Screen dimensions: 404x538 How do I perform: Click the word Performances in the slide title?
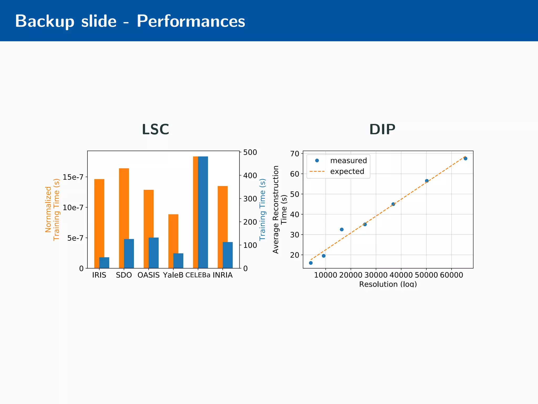[191, 21]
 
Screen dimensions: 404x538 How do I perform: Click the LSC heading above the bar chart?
[155, 129]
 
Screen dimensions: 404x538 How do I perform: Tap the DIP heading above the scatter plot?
[382, 129]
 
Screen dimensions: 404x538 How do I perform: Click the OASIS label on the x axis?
[148, 275]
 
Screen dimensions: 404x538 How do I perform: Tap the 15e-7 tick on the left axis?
[73, 177]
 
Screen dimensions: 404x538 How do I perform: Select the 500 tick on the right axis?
[250, 152]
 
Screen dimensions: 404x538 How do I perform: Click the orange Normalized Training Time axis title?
[52, 209]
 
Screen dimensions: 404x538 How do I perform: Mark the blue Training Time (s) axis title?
[262, 209]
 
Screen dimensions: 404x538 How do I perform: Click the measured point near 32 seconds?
[342, 229]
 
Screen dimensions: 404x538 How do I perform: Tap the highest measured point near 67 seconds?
[465, 158]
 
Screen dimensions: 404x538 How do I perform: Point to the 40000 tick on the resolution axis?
[401, 275]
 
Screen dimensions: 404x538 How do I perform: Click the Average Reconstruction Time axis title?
[280, 209]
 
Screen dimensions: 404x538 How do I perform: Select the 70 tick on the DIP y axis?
[294, 154]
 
